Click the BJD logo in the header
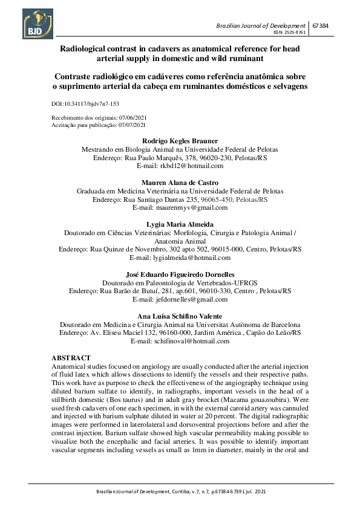pos(39,22)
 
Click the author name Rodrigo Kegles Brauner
pos(180,141)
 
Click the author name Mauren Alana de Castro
pos(180,183)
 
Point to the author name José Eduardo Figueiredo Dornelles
pos(180,274)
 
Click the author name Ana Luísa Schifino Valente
pos(180,316)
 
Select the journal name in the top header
pos(261,26)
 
